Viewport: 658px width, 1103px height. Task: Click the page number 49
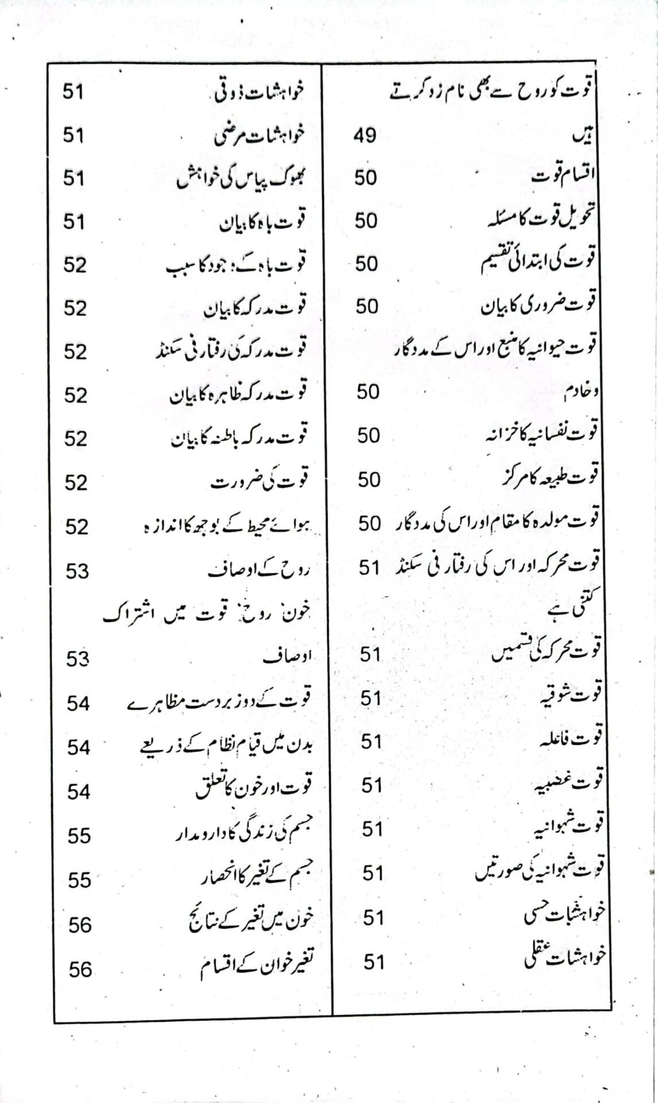[x=365, y=136]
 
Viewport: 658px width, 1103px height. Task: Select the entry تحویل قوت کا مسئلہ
[x=540, y=219]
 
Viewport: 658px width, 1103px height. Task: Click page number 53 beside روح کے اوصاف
[x=77, y=572]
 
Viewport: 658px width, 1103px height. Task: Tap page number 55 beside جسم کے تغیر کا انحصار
[x=79, y=880]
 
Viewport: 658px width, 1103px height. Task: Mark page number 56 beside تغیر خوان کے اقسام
[x=80, y=969]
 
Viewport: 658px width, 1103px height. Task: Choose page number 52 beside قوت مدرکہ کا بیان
[x=75, y=308]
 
